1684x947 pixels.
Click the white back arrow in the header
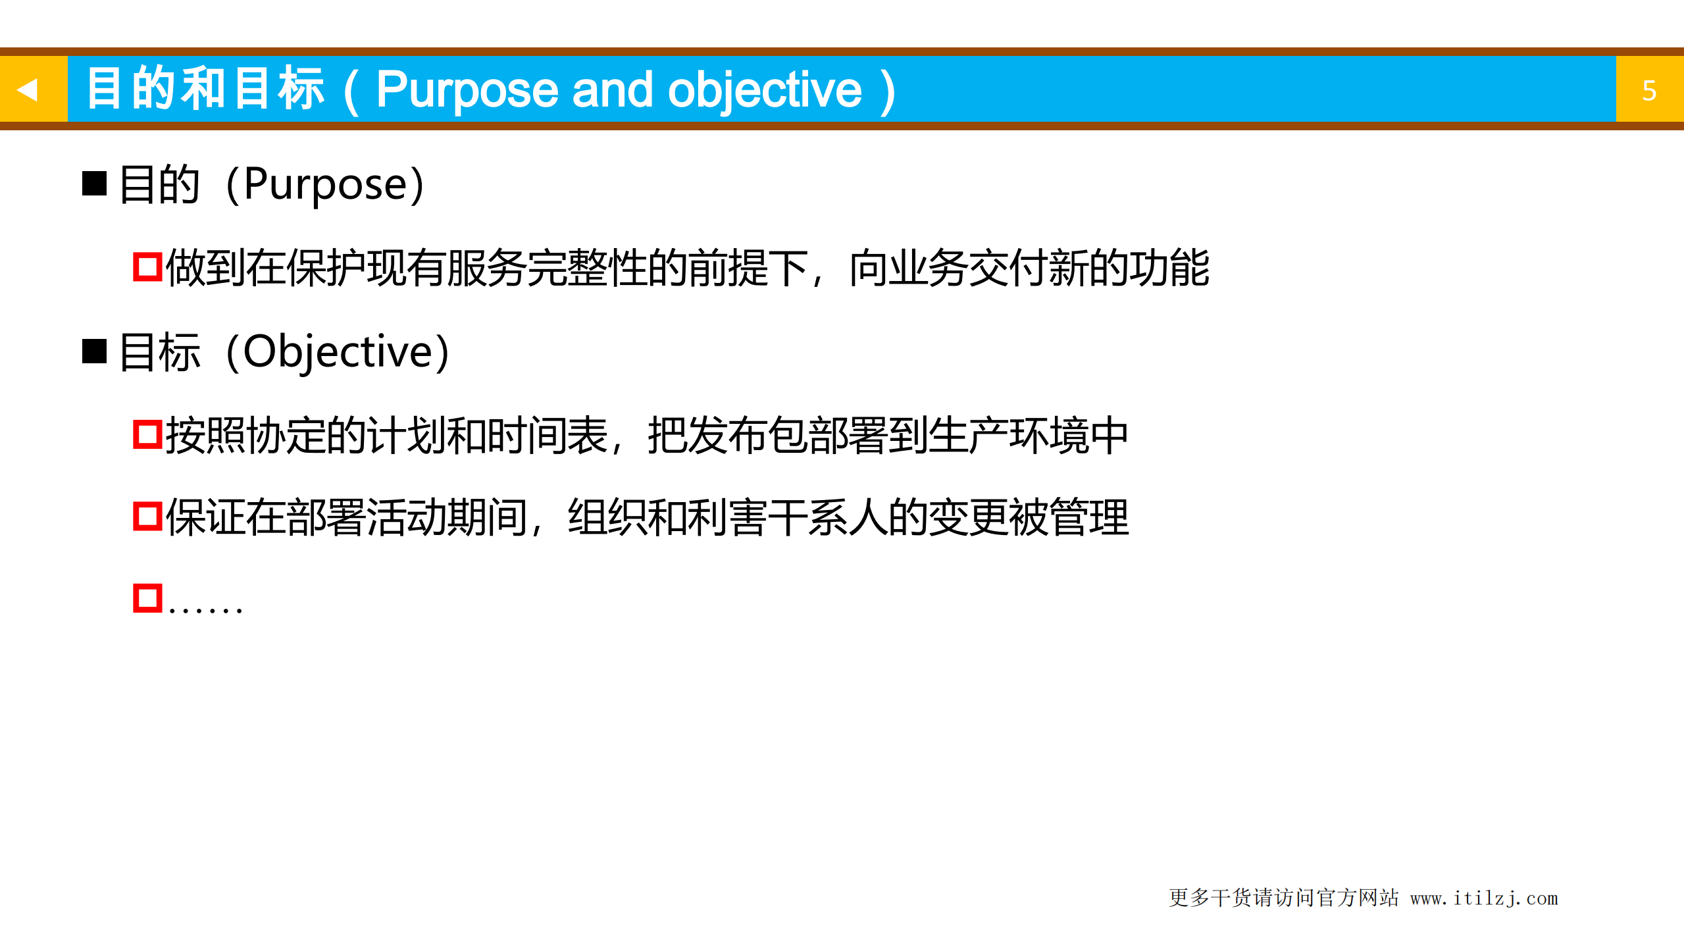pos(27,90)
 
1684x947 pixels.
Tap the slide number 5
pos(1648,91)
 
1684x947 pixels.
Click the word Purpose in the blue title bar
pos(467,90)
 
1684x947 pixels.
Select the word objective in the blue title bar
pos(764,90)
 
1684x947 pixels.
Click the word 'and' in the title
pos(613,90)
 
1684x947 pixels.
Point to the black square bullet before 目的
pos(94,184)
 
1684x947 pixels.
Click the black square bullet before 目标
pos(94,351)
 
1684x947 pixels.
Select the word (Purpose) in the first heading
pos(325,184)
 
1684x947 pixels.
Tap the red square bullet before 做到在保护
pos(147,267)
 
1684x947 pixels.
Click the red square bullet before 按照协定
pos(147,434)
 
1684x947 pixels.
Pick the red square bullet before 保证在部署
pos(147,517)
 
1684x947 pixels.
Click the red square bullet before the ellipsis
pos(147,598)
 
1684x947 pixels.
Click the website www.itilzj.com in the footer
pos(1483,898)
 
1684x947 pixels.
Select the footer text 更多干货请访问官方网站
pos(1283,898)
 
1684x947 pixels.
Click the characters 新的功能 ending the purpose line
pos(1129,268)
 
